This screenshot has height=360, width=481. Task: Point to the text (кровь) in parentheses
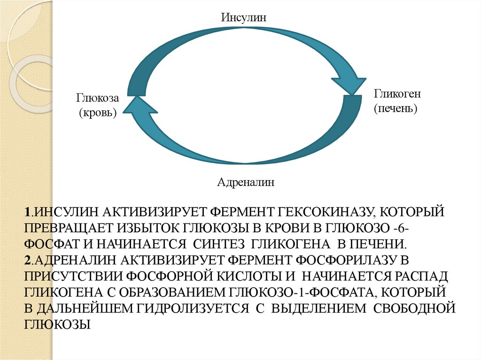(x=98, y=112)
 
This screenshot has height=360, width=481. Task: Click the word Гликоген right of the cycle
(x=397, y=94)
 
